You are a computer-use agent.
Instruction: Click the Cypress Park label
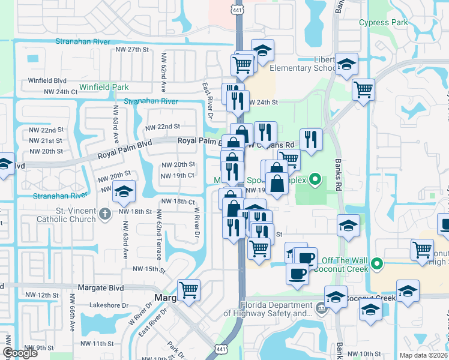click(x=383, y=23)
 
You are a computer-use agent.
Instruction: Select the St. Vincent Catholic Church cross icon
click(x=104, y=214)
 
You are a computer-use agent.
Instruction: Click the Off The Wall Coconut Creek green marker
click(x=376, y=263)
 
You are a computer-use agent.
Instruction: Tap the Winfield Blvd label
click(x=47, y=80)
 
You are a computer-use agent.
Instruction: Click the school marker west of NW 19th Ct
click(x=124, y=191)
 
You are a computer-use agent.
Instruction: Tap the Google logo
click(x=20, y=353)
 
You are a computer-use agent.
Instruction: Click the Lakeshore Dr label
click(x=110, y=305)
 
